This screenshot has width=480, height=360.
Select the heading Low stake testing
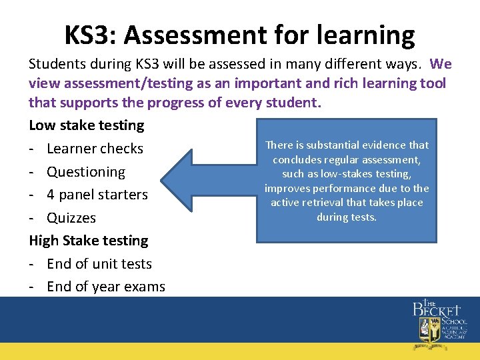point(87,125)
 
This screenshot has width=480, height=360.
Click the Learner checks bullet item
point(95,149)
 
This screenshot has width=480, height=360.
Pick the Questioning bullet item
point(86,172)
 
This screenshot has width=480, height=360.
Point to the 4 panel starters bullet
point(97,195)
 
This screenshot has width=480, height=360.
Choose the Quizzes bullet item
point(71,218)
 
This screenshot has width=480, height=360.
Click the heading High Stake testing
point(89,241)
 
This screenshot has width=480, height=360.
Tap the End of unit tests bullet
point(99,264)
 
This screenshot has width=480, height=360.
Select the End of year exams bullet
point(106,287)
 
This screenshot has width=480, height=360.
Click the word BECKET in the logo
point(437,310)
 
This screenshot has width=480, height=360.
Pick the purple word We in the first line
point(441,64)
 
